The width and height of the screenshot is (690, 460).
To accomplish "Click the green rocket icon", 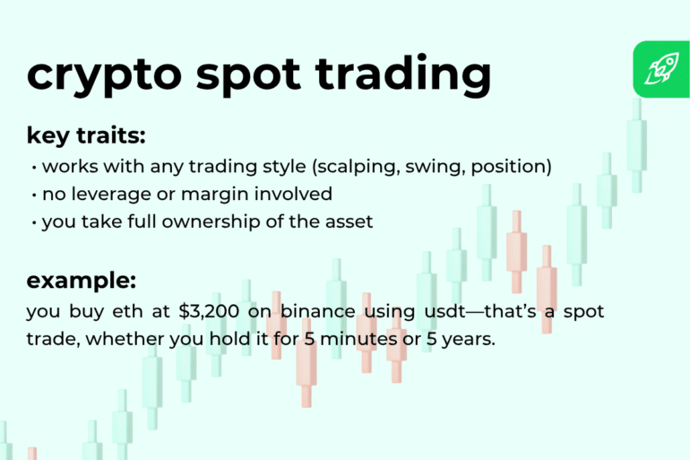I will click(x=661, y=69).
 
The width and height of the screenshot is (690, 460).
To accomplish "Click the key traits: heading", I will click(x=86, y=136).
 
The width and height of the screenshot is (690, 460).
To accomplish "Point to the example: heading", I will click(x=82, y=280).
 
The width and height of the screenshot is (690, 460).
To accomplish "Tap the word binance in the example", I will click(x=319, y=312).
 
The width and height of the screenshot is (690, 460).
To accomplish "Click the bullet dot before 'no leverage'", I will click(x=33, y=195).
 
